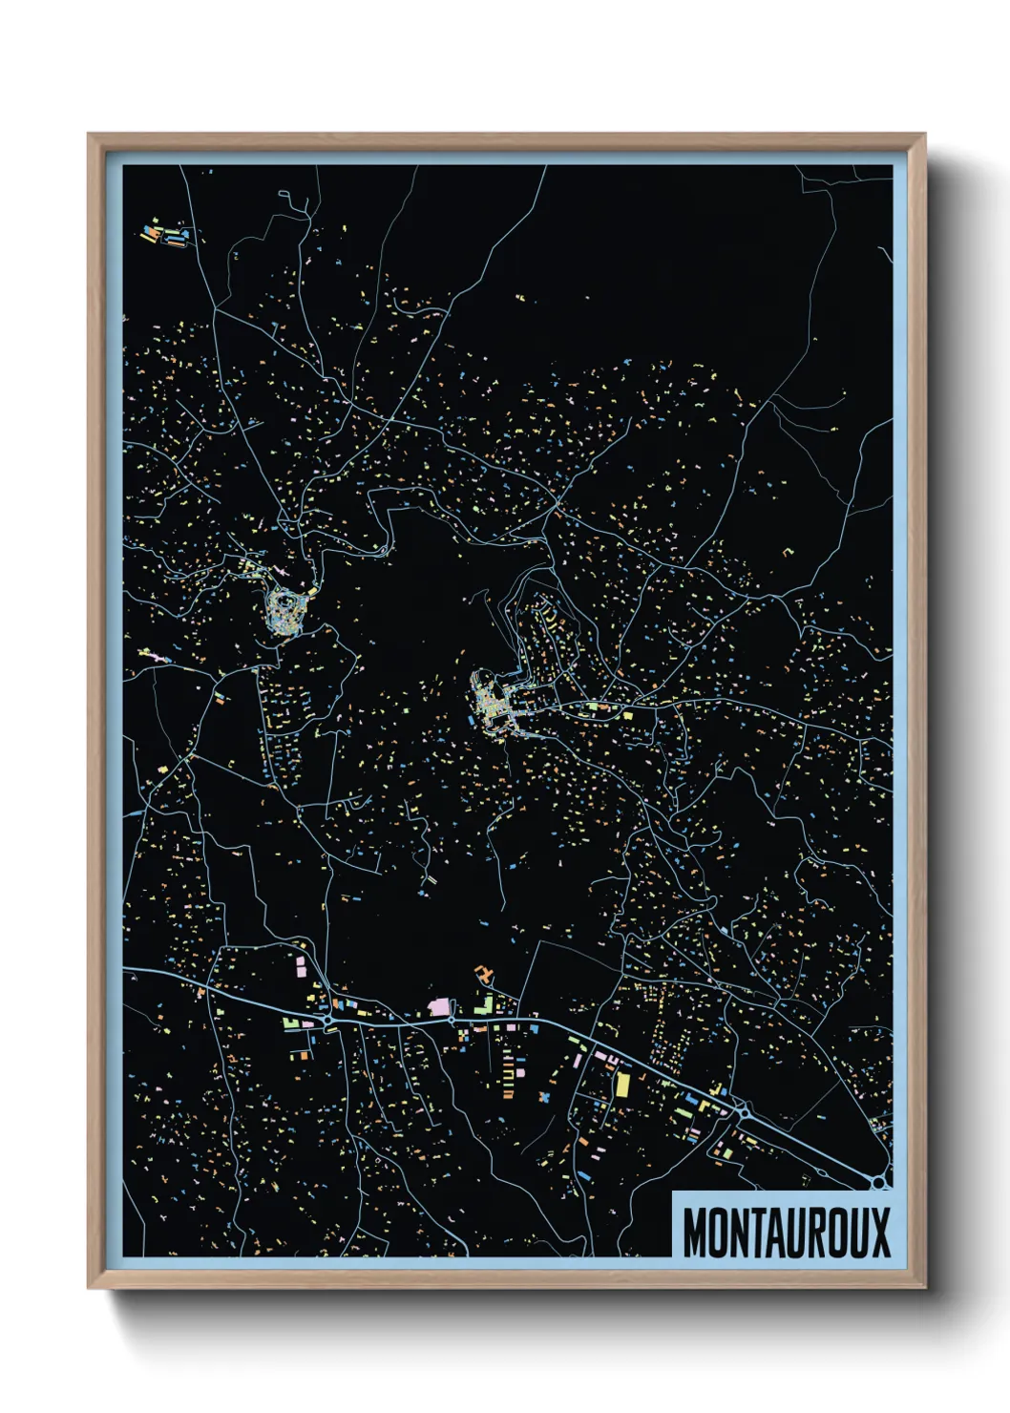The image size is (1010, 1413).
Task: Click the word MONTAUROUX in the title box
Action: pos(786,1233)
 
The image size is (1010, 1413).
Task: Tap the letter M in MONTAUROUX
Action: pos(694,1233)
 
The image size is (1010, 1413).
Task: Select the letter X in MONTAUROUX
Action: pos(878,1233)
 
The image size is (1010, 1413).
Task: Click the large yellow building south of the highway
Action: pos(622,1085)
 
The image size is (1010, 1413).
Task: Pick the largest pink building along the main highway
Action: pos(440,1006)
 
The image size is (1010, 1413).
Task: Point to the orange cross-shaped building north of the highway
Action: pos(484,976)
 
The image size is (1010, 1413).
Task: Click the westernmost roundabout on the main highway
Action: pos(327,1020)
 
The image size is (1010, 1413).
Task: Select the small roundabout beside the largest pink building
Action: pos(452,1020)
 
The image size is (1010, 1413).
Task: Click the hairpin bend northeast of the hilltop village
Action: pos(384,548)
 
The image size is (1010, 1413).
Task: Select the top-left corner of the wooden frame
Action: pos(89,136)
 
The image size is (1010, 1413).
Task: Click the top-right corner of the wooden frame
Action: pos(924,136)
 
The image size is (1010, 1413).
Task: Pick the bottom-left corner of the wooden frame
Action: pos(89,1288)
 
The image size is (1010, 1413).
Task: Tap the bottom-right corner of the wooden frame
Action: pos(924,1288)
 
